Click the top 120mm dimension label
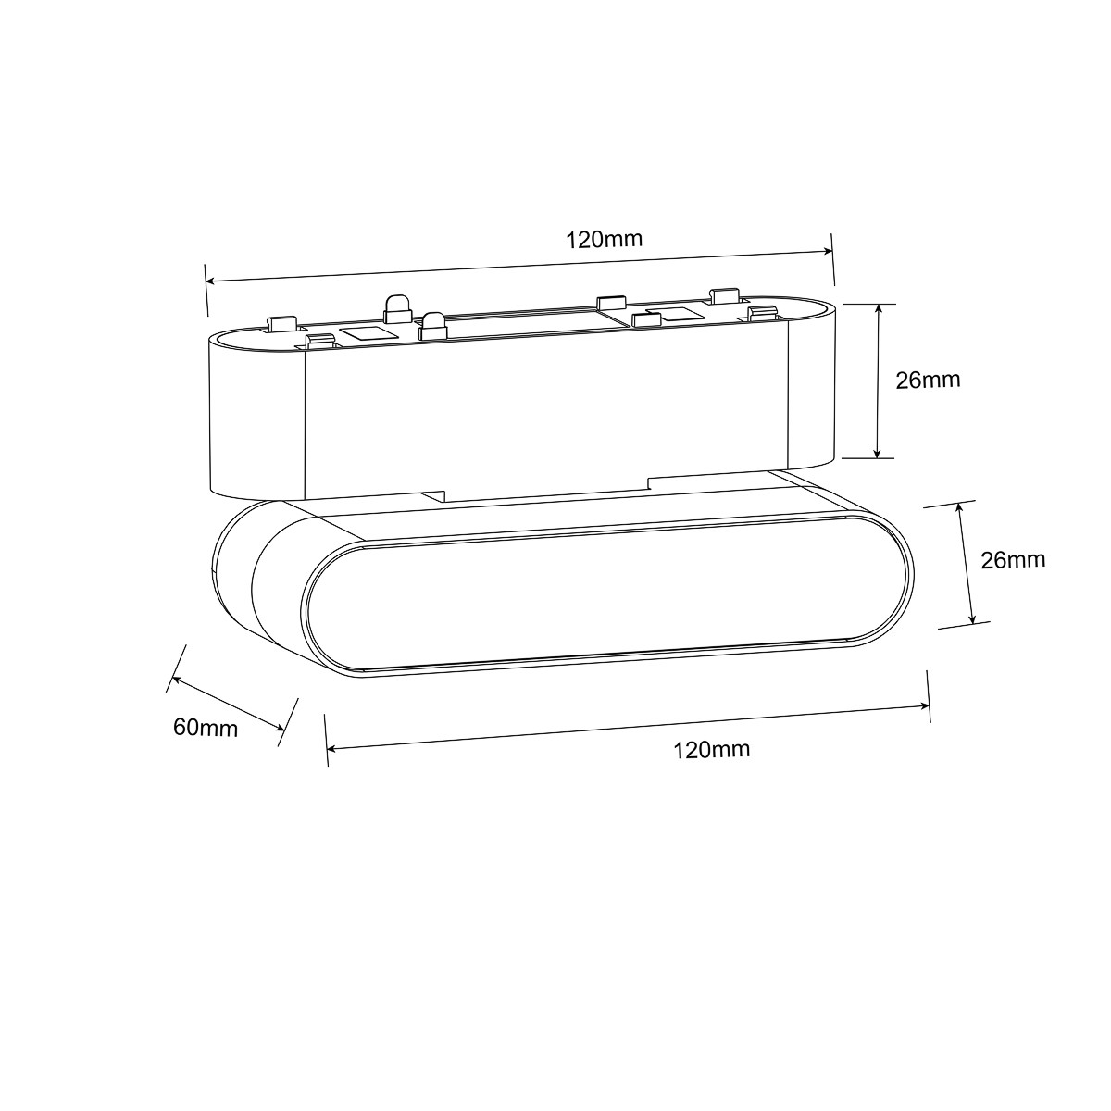(x=604, y=239)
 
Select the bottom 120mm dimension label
(x=711, y=750)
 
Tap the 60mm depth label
(x=206, y=728)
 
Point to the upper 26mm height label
(x=929, y=380)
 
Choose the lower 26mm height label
(x=1013, y=560)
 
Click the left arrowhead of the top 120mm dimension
(x=211, y=281)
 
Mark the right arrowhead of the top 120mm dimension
(x=828, y=251)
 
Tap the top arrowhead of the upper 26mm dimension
(x=878, y=309)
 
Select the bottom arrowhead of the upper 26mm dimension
(x=877, y=452)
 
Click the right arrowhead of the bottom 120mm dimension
(x=924, y=706)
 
